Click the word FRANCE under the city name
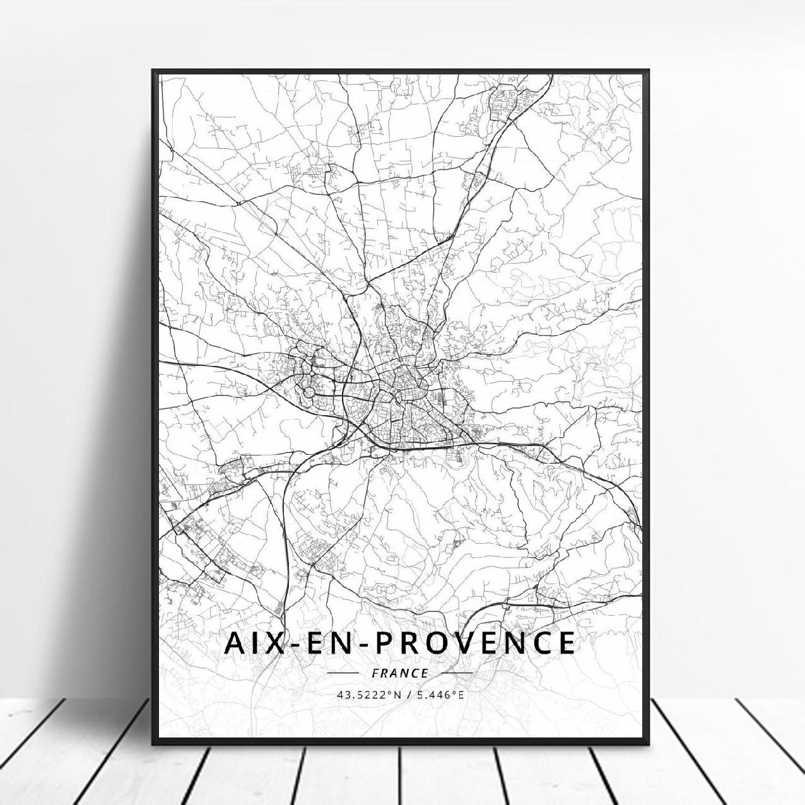[400, 673]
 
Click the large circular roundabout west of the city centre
[308, 392]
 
